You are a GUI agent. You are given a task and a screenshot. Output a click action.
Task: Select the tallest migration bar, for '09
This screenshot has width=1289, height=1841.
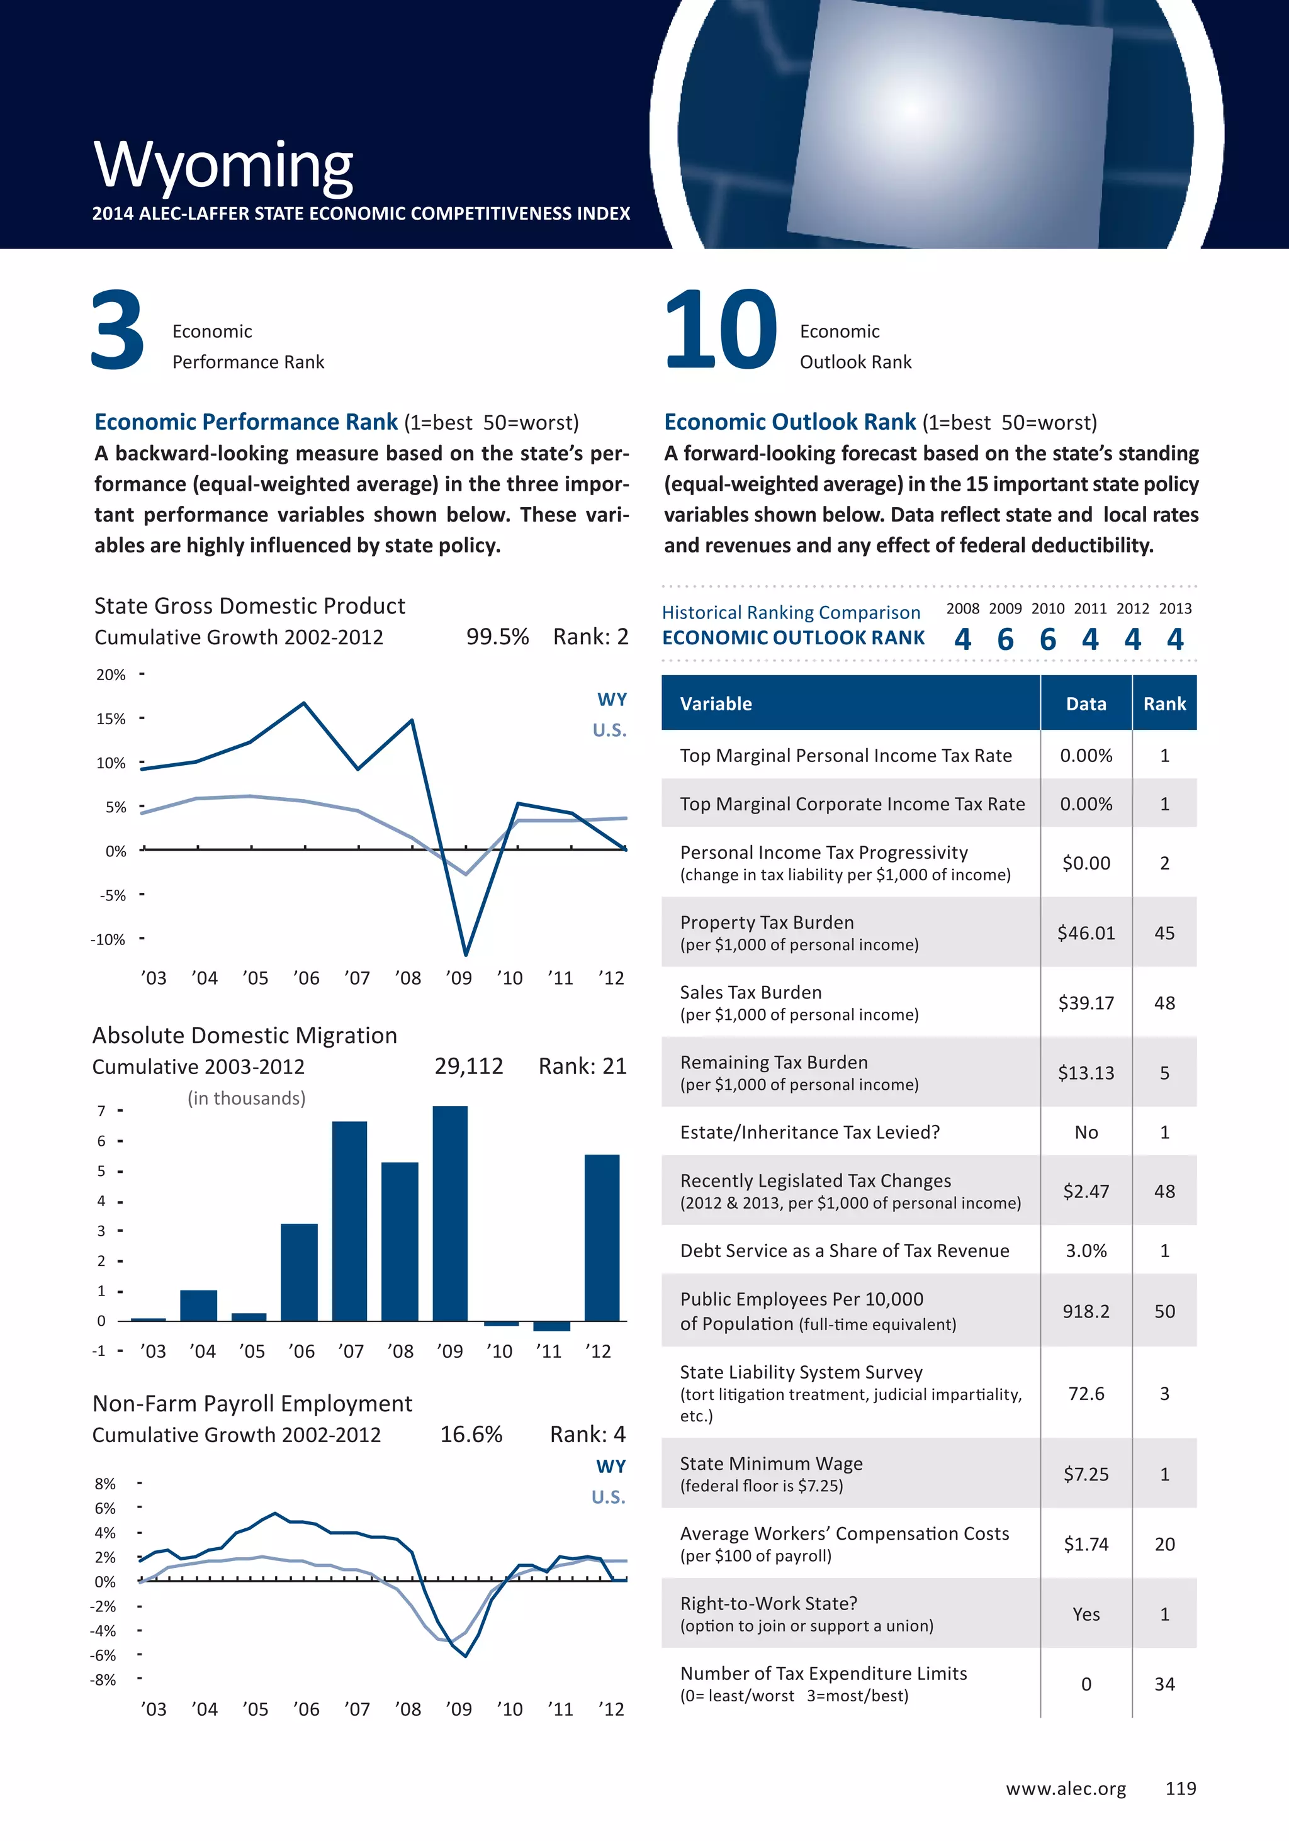(x=450, y=1212)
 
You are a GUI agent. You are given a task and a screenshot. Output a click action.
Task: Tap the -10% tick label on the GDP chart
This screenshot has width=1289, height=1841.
(x=108, y=939)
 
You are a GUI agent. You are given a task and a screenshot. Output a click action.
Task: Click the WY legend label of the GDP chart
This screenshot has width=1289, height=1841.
(x=612, y=699)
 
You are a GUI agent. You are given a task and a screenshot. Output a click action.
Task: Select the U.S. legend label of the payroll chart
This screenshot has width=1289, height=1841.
(x=608, y=1497)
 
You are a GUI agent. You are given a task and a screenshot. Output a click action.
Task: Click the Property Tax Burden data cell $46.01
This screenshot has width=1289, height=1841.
(x=1086, y=932)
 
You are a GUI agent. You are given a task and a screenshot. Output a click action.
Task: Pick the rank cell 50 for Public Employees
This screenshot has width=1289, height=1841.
(x=1164, y=1311)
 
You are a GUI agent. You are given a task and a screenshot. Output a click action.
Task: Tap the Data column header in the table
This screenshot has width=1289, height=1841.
(x=1086, y=703)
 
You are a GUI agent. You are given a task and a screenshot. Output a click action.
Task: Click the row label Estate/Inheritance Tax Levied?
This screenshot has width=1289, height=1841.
(x=809, y=1131)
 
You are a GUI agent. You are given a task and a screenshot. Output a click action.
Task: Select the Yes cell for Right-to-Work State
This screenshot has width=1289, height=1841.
(x=1086, y=1614)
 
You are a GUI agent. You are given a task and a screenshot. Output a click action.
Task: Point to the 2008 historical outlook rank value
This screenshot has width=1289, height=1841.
(x=962, y=639)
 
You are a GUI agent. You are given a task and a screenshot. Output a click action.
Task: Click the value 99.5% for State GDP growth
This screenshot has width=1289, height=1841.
(x=497, y=637)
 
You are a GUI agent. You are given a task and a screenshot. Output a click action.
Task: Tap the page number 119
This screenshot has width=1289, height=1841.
(x=1181, y=1788)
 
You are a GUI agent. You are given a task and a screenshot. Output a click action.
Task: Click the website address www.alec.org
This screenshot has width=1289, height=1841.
(x=1066, y=1788)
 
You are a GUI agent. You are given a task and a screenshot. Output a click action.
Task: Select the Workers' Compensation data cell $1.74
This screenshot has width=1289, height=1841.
(x=1086, y=1543)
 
